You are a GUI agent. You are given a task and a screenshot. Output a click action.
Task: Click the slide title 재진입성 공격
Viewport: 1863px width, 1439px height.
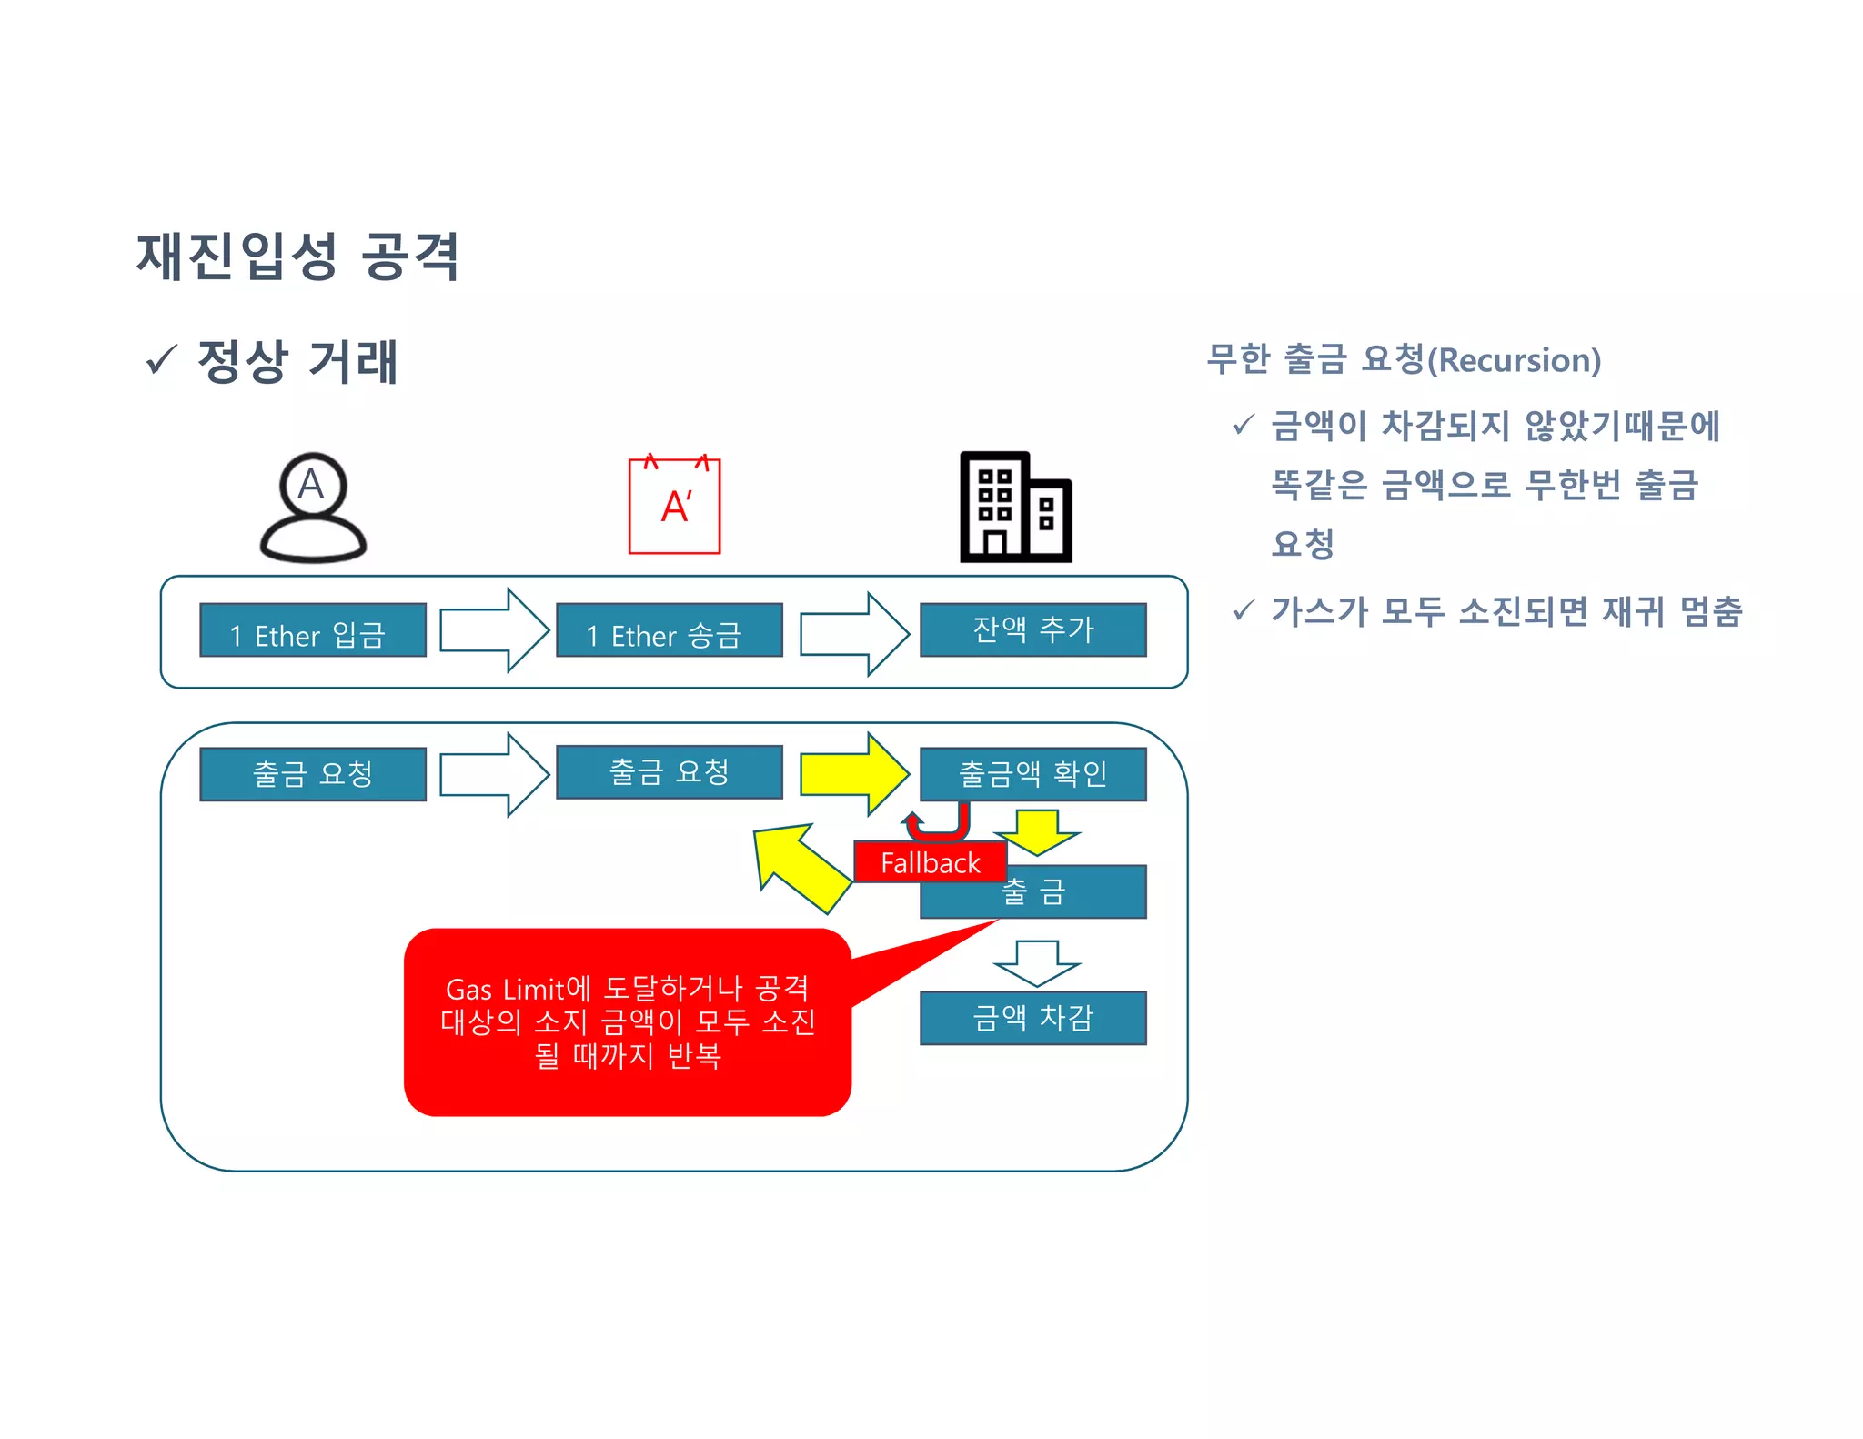[x=297, y=257]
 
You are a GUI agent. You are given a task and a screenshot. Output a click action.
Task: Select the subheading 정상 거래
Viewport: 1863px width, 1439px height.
[x=297, y=361]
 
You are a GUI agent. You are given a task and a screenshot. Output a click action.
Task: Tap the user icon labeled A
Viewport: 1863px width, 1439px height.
[x=312, y=507]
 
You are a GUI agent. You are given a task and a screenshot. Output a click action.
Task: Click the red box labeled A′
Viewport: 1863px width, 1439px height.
[x=674, y=506]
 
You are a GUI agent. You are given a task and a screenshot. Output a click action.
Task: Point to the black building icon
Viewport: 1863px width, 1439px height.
[x=1015, y=508]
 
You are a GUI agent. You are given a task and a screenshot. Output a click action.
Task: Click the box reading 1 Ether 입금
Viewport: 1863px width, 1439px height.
[x=312, y=630]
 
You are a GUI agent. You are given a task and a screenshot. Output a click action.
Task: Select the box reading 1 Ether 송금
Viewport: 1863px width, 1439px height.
[x=669, y=630]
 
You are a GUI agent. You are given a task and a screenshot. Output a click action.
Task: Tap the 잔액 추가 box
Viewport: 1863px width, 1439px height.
[x=1032, y=629]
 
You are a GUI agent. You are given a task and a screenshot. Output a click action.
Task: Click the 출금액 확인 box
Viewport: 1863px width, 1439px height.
[x=1032, y=774]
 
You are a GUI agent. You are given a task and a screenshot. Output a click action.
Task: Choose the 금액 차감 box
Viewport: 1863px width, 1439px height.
[x=1032, y=1018]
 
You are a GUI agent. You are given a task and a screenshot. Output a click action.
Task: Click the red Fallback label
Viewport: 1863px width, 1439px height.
[x=930, y=862]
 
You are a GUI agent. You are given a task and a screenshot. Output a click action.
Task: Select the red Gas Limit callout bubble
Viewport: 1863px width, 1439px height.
[x=628, y=1022]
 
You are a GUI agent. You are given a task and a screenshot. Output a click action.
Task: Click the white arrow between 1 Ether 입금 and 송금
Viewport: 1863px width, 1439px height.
[x=494, y=630]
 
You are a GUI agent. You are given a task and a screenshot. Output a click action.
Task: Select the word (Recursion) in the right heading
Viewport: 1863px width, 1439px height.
[x=1515, y=360]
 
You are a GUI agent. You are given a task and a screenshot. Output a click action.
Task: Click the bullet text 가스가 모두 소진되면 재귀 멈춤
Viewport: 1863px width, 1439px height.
[x=1506, y=611]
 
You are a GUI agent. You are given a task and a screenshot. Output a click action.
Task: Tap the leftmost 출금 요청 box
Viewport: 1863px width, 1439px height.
[x=312, y=774]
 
